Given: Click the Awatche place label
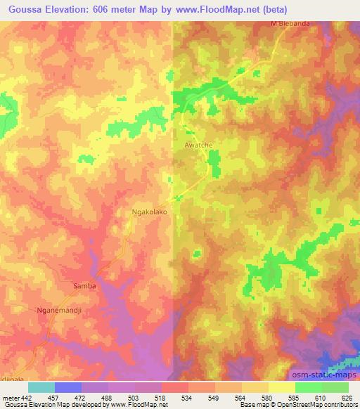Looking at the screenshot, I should coord(198,143).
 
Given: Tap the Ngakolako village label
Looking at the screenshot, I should coord(148,210).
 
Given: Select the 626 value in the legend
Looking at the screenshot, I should coord(345,397).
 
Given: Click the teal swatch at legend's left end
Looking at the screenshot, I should coord(41,387).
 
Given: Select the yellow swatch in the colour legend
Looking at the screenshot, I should coord(281,387).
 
